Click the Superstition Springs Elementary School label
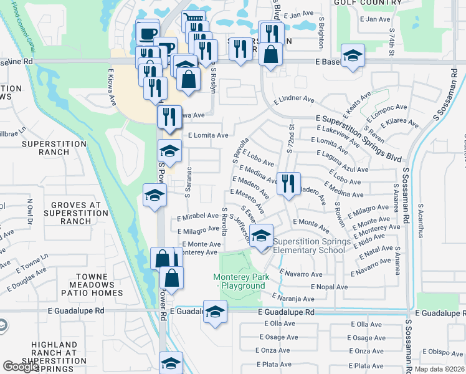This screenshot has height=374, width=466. click(x=309, y=246)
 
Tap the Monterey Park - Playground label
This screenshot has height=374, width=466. click(x=239, y=281)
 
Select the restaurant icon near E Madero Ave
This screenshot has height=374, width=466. click(x=288, y=184)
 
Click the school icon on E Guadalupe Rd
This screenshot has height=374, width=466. click(x=215, y=312)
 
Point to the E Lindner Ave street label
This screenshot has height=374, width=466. click(x=294, y=98)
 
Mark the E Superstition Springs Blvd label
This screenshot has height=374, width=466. click(x=359, y=138)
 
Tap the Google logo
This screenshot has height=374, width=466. click(x=21, y=367)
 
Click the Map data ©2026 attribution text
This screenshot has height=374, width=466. click(x=439, y=369)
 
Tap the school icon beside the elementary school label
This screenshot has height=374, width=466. click(x=262, y=236)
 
